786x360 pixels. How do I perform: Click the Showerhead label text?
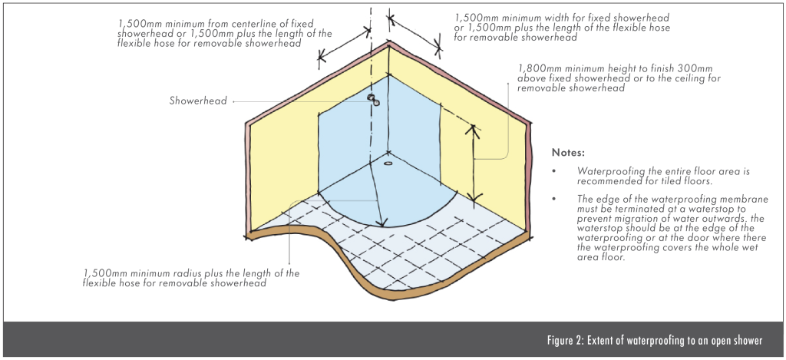coord(198,101)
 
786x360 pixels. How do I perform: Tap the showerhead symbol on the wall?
coord(372,99)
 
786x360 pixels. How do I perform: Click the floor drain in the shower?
coord(388,163)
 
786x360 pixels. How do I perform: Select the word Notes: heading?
coord(569,152)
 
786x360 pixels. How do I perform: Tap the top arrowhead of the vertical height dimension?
coord(474,128)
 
